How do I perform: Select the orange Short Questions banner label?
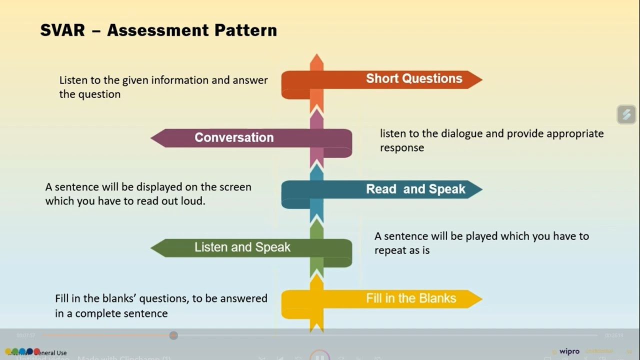tap(414, 78)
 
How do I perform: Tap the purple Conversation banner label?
tap(234, 137)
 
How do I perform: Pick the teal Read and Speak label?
tap(415, 189)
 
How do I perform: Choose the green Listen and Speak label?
tap(242, 247)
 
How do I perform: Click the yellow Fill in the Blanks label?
tap(411, 298)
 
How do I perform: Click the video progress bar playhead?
tap(173, 335)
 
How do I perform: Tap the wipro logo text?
tap(569, 351)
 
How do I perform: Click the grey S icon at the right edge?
tap(626, 114)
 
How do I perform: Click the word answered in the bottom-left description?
tap(242, 298)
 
